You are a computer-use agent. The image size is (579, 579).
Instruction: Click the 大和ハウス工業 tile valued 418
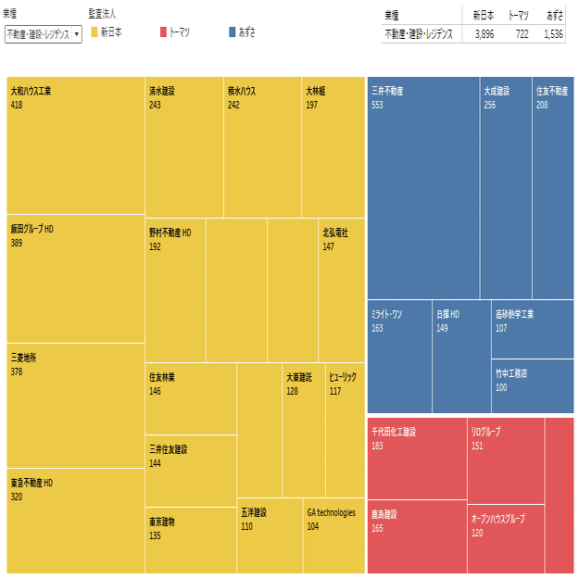pyautogui.click(x=75, y=145)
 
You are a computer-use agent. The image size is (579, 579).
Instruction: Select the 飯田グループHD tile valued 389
pyautogui.click(x=75, y=278)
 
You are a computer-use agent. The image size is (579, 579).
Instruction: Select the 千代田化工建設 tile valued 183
pyautogui.click(x=417, y=459)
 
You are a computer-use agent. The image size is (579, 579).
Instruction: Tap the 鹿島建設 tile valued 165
pyautogui.click(x=417, y=537)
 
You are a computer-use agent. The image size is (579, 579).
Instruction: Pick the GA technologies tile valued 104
pyautogui.click(x=334, y=537)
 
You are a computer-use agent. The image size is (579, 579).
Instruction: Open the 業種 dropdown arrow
pyautogui.click(x=76, y=33)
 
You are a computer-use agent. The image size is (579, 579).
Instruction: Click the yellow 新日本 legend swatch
pyautogui.click(x=94, y=32)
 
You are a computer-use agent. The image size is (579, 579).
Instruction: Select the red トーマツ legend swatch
pyautogui.click(x=163, y=32)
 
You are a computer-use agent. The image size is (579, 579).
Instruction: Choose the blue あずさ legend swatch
pyautogui.click(x=233, y=32)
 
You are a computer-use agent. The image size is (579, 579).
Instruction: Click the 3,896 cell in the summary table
pyautogui.click(x=484, y=33)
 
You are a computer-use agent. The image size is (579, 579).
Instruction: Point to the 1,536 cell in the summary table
pyautogui.click(x=553, y=33)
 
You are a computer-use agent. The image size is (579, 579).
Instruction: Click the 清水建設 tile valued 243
pyautogui.click(x=184, y=148)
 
